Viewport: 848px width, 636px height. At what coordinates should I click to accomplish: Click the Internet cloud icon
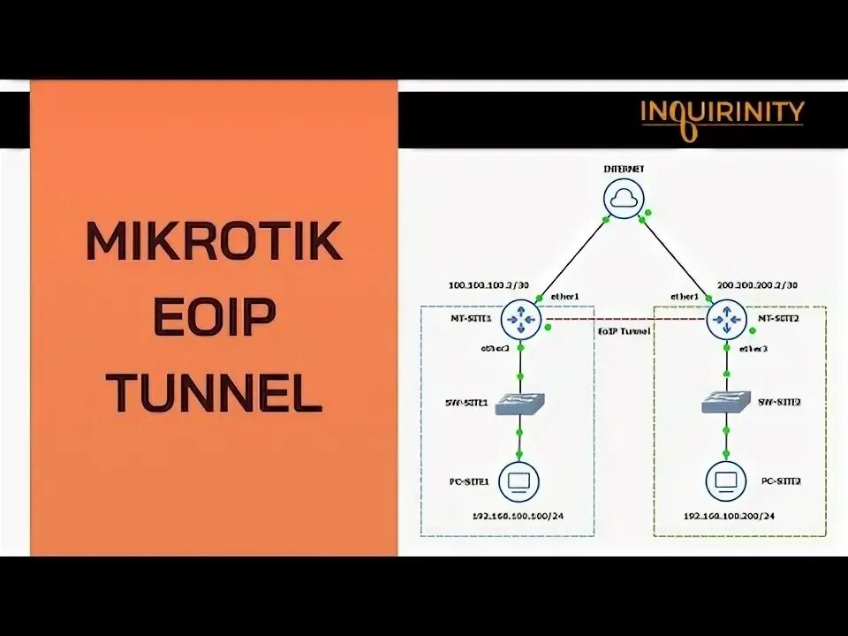click(x=625, y=199)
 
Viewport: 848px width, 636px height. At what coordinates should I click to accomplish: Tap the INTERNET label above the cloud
click(x=625, y=167)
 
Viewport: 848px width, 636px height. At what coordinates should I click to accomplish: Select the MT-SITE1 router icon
click(x=520, y=319)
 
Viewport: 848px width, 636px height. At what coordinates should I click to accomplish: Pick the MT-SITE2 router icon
click(x=727, y=319)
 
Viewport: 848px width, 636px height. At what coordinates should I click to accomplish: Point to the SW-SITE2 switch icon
click(x=726, y=404)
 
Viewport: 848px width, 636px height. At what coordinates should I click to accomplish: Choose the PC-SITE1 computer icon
click(x=519, y=481)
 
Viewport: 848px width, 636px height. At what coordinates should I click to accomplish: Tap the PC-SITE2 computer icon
click(x=726, y=481)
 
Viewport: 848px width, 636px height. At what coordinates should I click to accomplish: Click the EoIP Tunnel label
click(x=625, y=330)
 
